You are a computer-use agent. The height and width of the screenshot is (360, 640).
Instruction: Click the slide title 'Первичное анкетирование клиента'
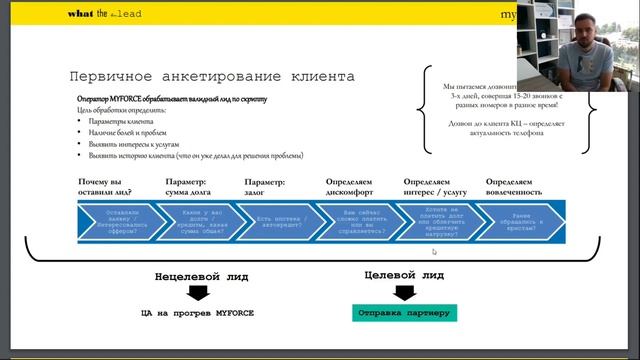click(x=211, y=76)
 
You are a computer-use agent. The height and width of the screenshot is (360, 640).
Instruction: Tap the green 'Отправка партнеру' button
click(x=405, y=313)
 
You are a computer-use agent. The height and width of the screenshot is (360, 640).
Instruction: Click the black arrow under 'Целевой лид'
click(x=403, y=292)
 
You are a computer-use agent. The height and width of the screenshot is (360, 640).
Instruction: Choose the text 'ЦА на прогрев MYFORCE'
click(x=198, y=313)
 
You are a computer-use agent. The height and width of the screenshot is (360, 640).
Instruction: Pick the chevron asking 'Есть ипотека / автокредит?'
click(x=278, y=221)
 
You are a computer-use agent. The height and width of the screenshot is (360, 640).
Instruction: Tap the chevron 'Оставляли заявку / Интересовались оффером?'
click(x=119, y=221)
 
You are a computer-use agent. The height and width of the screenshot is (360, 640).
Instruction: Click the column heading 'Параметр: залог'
click(x=265, y=187)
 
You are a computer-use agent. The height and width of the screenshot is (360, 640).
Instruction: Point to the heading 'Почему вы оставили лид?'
click(x=106, y=187)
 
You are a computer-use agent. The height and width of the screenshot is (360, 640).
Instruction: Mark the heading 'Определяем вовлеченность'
click(x=514, y=187)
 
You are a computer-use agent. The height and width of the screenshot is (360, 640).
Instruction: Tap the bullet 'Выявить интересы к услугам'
click(x=128, y=144)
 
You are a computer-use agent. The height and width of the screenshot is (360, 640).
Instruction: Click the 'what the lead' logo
click(x=107, y=14)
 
